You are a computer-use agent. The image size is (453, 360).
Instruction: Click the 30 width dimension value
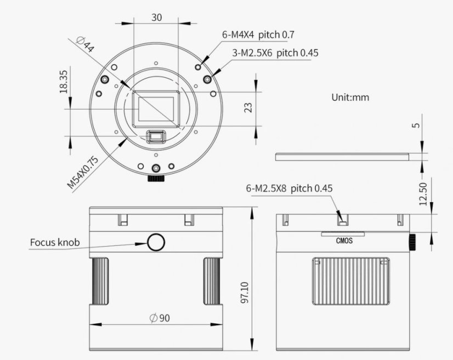[x=156, y=17]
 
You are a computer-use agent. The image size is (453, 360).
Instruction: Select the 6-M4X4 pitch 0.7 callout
[x=258, y=35]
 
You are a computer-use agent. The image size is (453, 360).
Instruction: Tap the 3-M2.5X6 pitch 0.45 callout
[x=275, y=53]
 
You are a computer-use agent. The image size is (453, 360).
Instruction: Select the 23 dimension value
[x=248, y=107]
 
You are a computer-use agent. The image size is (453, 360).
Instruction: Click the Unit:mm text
[x=350, y=97]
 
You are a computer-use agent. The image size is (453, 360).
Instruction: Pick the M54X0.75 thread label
[x=83, y=172]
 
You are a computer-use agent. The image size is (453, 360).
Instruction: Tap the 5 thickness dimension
[x=417, y=125]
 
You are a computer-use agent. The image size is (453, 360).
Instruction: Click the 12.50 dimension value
[x=422, y=193]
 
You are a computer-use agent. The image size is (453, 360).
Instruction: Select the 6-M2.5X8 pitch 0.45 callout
[x=289, y=188]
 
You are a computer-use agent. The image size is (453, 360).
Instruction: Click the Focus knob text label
[x=55, y=242]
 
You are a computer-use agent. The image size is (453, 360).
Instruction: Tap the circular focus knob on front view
[x=156, y=241]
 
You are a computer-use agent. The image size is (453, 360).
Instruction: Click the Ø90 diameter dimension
[x=156, y=318]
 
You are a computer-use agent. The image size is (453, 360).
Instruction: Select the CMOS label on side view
[x=343, y=240]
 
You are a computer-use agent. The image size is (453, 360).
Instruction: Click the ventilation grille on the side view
[x=351, y=281]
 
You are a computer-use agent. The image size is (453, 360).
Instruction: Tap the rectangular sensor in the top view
[x=157, y=107]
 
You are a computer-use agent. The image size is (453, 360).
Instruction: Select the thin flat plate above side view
[x=343, y=156]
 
